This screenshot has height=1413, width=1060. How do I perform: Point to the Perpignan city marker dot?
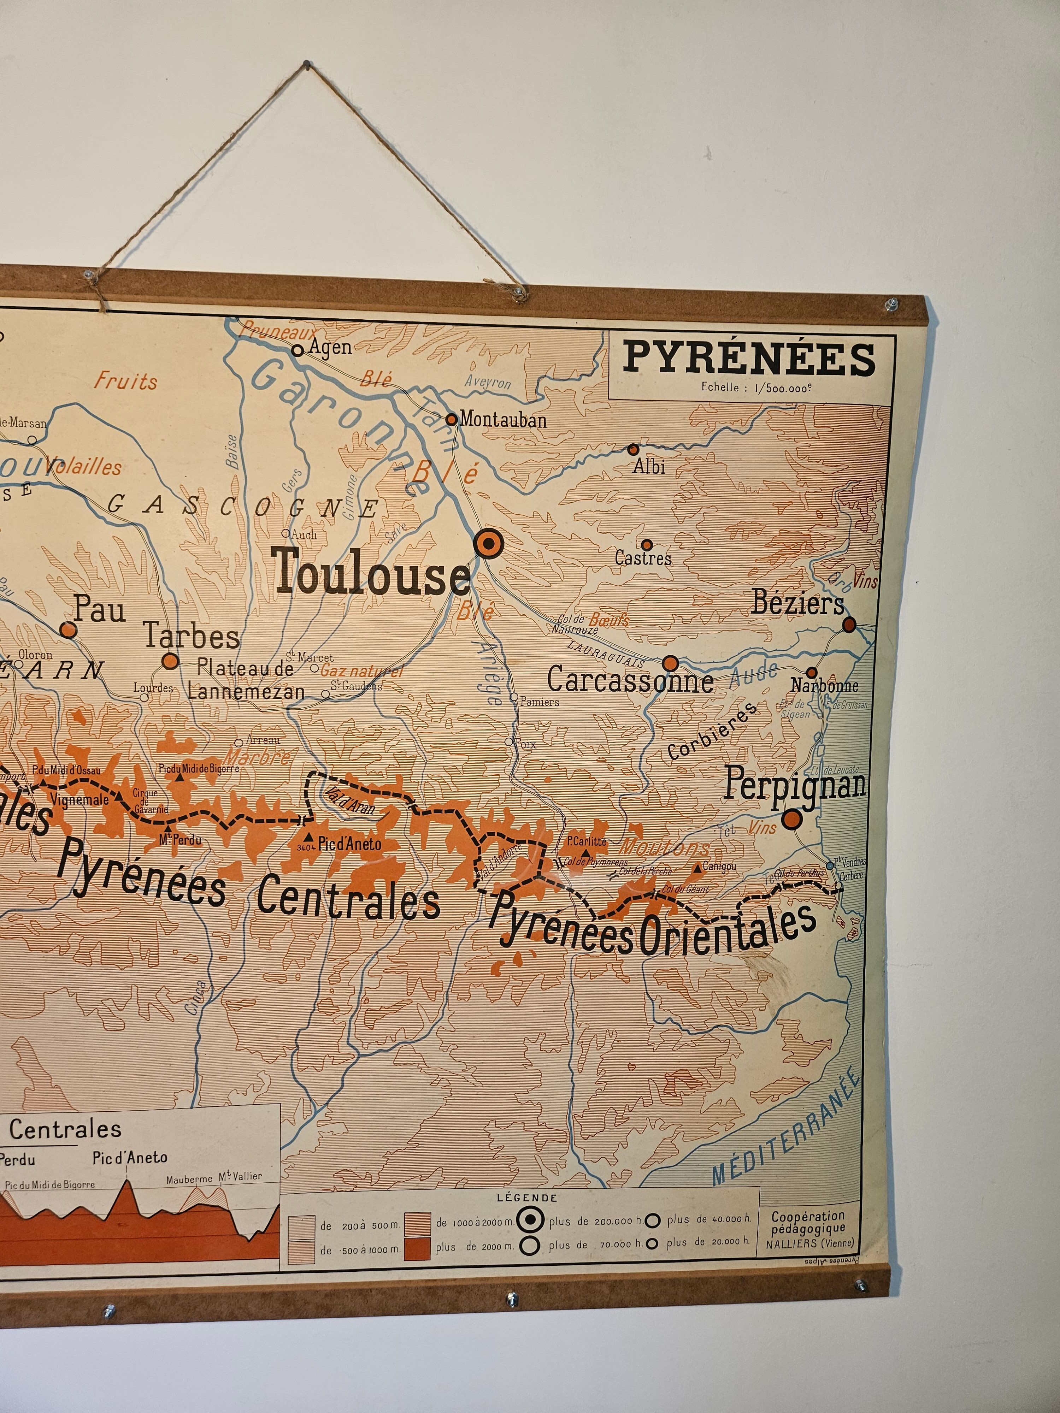click(792, 819)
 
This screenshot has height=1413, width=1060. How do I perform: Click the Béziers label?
click(797, 603)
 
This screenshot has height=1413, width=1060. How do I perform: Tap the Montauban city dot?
click(451, 419)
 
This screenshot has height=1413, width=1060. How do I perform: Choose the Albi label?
click(649, 467)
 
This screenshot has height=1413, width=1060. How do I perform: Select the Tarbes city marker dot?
click(170, 661)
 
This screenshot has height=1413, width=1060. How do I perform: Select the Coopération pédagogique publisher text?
click(808, 1222)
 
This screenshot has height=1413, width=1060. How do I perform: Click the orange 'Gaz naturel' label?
click(362, 672)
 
